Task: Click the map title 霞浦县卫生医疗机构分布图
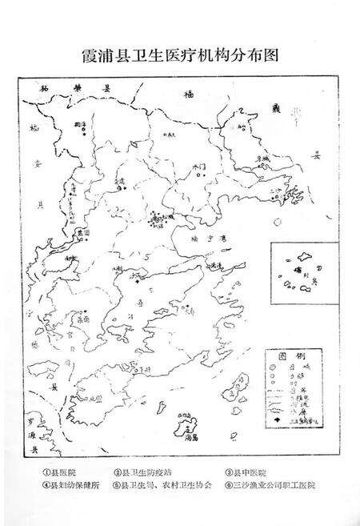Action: pos(179,56)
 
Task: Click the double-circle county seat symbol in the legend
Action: pos(274,365)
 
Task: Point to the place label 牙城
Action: pos(265,159)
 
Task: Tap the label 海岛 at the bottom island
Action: pos(197,438)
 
